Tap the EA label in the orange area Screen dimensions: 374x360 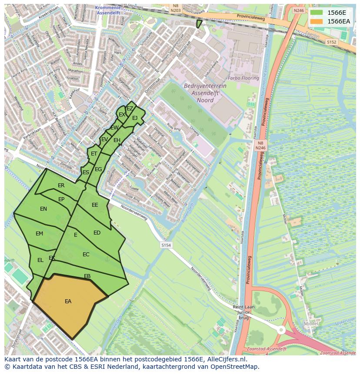coord(68,301)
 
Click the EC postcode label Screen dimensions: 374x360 coord(86,255)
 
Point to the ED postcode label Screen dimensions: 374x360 coord(97,233)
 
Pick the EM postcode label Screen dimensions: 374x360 coord(40,234)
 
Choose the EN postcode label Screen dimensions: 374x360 coord(43,209)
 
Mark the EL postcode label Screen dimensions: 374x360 coord(40,260)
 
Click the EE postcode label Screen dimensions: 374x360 coord(95,205)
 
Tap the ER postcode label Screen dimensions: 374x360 coord(61,185)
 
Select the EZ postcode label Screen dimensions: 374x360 coord(130,109)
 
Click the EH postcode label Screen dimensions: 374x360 coord(117,140)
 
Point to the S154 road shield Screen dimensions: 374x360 coord(166,245)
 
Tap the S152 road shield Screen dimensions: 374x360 coord(331,42)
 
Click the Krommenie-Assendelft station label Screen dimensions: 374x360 coord(110,10)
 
